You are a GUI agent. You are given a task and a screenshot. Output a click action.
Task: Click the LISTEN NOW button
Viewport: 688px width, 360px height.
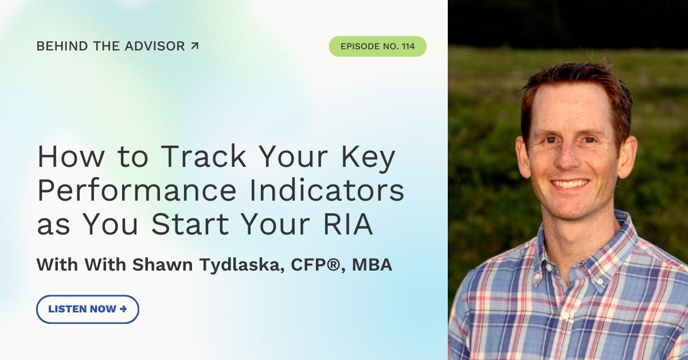pos(88,309)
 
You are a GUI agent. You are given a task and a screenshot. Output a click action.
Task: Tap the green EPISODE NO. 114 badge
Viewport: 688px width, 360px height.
pos(377,46)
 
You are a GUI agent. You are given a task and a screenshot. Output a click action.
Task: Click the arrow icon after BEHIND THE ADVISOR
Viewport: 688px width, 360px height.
pos(194,46)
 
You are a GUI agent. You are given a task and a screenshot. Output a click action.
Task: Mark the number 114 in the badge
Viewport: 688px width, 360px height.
pos(408,46)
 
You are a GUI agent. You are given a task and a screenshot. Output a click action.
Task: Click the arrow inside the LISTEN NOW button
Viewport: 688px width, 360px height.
pos(123,309)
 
